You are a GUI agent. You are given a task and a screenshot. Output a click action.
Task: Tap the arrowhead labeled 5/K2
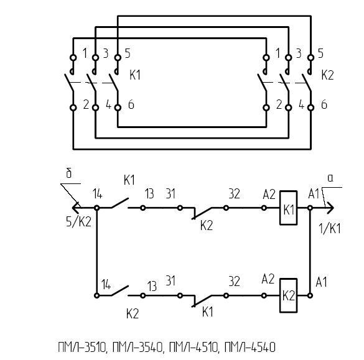76,208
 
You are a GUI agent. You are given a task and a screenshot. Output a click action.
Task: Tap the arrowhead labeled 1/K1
330,208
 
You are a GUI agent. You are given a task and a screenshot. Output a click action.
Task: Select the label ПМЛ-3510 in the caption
82,347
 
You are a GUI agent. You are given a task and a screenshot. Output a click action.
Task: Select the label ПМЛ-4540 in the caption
250,347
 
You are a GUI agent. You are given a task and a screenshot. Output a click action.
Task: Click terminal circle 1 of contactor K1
73,57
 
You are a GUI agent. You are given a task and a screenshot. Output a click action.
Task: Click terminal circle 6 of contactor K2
310,108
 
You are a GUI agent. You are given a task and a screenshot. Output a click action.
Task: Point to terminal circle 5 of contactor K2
310,57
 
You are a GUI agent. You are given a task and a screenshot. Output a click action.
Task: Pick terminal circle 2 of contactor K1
73,108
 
